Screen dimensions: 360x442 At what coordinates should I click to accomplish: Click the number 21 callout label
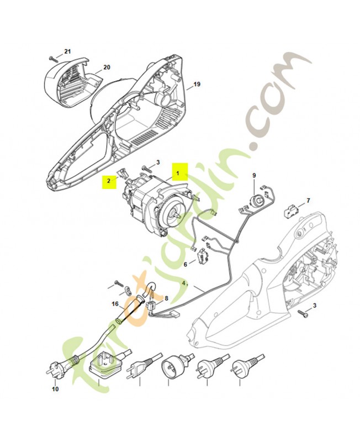tap(67, 51)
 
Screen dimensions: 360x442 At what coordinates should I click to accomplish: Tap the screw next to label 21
tap(52, 59)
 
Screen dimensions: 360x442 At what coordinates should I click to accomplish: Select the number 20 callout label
tap(107, 67)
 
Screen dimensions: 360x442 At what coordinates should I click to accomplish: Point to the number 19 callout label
tap(197, 84)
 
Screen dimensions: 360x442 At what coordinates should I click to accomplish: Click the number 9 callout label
tap(254, 175)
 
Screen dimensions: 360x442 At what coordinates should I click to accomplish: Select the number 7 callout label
tap(308, 201)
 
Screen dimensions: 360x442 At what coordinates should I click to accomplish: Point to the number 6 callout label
tap(186, 265)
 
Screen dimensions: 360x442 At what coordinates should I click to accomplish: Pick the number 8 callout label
tap(167, 298)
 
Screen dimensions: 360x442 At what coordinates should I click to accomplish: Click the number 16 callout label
tap(115, 304)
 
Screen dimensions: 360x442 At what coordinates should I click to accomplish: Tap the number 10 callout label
tap(56, 390)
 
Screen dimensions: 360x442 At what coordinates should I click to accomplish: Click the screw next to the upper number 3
tap(147, 168)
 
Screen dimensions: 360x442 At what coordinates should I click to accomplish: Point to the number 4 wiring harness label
tap(184, 284)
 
